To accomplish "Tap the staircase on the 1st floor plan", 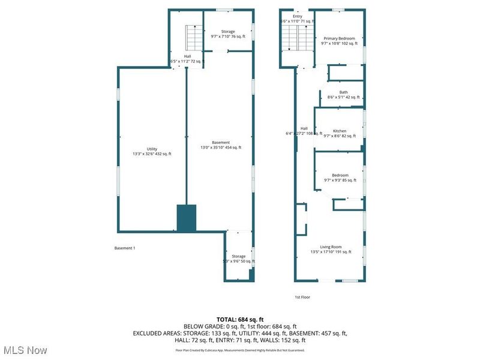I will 298,41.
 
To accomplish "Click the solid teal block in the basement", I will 187,218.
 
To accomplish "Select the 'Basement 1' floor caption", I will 125,248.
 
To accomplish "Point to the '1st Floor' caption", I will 302,297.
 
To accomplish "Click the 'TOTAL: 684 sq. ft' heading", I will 240,319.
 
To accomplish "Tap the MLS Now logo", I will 25,349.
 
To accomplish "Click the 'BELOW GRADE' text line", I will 240,326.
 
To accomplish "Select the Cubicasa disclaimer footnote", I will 240,350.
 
